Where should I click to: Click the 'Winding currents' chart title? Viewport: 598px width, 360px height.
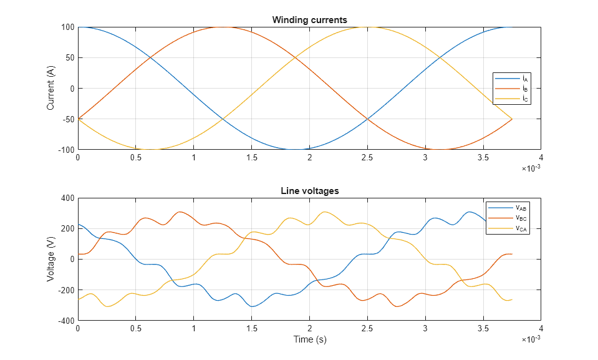pos(309,20)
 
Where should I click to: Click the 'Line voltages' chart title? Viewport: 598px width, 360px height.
pos(309,191)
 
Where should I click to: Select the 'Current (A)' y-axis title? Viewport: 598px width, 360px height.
pos(51,89)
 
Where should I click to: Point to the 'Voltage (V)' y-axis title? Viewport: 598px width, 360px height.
pos(51,259)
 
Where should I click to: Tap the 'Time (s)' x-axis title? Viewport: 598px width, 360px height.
pos(310,340)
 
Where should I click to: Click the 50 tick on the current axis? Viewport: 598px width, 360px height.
pos(70,58)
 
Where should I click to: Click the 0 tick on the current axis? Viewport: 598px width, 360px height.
pos(72,89)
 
